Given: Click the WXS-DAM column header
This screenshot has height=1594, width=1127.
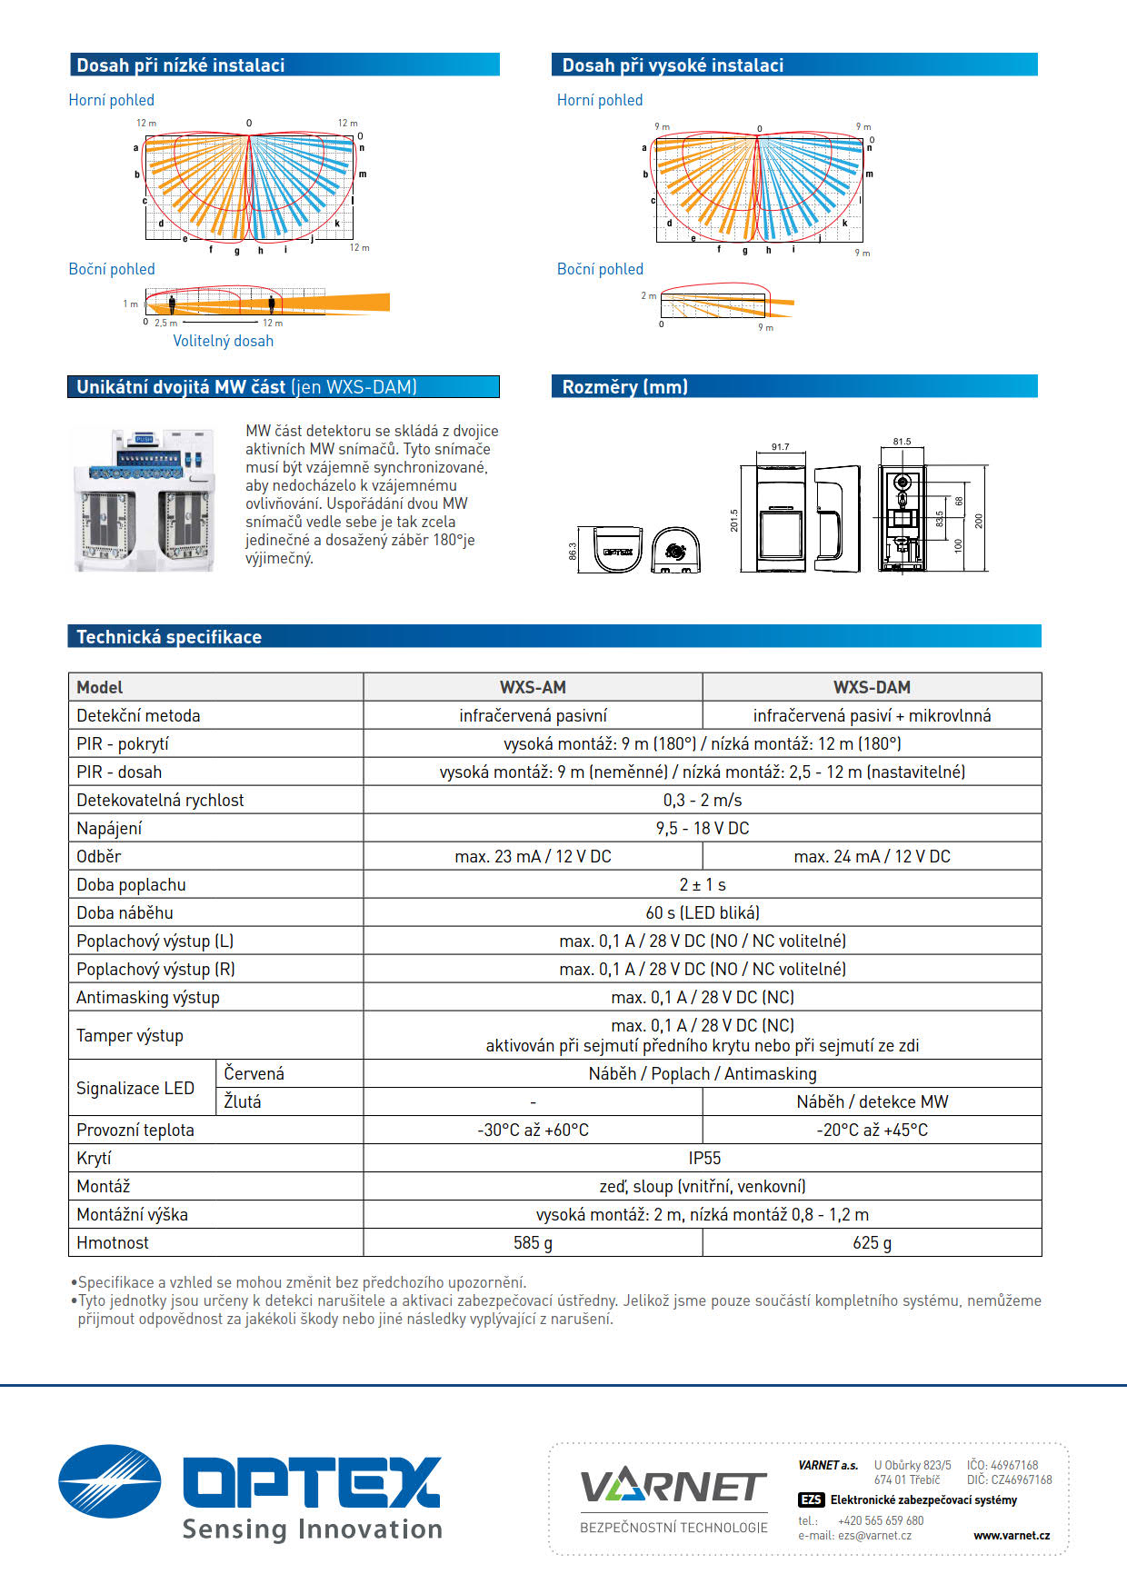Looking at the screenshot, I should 872,687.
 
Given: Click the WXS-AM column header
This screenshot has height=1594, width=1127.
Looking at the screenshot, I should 533,687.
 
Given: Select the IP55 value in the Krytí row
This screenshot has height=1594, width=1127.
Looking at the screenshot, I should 703,1158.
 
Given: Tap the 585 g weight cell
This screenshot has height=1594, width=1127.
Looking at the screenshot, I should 533,1242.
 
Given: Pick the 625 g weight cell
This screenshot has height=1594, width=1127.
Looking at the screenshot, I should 872,1242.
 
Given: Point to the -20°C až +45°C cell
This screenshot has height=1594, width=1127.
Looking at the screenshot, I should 872,1130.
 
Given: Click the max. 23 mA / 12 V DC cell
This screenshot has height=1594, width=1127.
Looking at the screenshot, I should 533,856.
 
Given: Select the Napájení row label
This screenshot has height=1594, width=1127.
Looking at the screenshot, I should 109,828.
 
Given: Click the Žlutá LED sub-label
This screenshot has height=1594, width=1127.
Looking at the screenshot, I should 243,1101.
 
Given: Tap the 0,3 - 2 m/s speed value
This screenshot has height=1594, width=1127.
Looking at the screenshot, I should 703,800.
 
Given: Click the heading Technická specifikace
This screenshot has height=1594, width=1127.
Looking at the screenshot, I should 169,637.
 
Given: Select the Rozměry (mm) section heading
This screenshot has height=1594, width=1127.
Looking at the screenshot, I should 624,387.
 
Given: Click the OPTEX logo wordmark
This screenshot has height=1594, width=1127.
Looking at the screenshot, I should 312,1482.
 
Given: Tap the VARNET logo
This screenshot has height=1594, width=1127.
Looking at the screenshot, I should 673,1488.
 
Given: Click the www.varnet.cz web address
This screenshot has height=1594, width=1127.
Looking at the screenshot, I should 1011,1535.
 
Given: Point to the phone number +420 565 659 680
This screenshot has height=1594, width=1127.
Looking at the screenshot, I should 880,1520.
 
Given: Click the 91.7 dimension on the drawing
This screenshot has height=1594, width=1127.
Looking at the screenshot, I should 780,447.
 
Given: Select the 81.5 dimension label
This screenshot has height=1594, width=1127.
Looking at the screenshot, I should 901,442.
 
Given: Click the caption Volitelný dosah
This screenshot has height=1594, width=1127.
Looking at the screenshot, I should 223,341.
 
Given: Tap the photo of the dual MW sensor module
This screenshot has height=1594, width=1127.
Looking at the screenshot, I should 144,499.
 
